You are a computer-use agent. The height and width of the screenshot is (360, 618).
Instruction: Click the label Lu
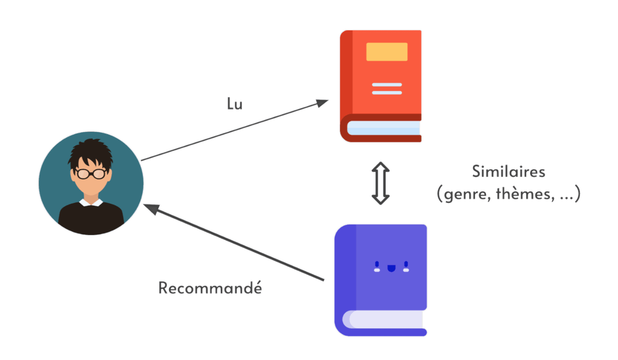[x=234, y=104]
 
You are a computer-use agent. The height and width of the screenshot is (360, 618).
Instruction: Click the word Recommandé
[x=210, y=289]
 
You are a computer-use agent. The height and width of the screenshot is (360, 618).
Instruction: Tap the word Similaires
[x=509, y=172]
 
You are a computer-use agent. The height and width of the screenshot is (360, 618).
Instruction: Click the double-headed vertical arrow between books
[x=381, y=183]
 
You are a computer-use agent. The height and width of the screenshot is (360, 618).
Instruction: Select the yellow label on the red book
[x=387, y=52]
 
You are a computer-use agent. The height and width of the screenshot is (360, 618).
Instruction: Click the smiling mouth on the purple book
[x=391, y=267]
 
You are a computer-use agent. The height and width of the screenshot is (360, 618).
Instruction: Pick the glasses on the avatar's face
[x=90, y=173]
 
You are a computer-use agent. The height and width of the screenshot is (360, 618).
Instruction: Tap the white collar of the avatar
[x=91, y=202]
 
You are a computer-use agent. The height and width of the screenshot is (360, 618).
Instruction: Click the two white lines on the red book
[x=387, y=88]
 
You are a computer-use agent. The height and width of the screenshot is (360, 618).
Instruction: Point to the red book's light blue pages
[x=383, y=128]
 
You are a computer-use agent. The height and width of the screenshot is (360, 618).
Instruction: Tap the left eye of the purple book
[x=377, y=266]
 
